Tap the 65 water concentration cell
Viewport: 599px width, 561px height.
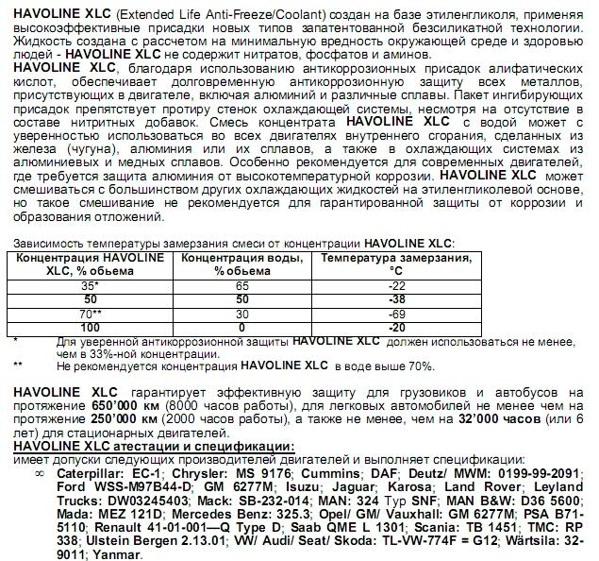tap(241, 283)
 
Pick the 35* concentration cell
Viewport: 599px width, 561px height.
tap(90, 283)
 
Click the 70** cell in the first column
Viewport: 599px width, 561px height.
tap(90, 313)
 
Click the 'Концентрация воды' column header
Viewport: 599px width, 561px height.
tap(241, 263)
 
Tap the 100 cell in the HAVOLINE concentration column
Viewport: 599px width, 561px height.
tap(90, 327)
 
